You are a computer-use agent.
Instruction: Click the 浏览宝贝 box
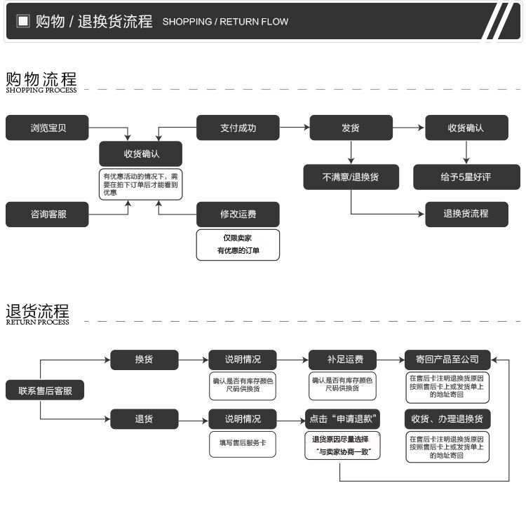pyautogui.click(x=47, y=128)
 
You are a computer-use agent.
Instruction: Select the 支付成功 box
pyautogui.click(x=238, y=128)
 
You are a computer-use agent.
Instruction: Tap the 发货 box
pyautogui.click(x=351, y=128)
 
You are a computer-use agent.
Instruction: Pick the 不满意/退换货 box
pyautogui.click(x=351, y=177)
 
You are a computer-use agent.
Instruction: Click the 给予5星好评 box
pyautogui.click(x=466, y=177)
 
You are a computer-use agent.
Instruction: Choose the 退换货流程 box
pyautogui.click(x=466, y=214)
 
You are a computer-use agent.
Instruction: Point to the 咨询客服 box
pyautogui.click(x=47, y=214)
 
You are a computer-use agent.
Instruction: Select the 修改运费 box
pyautogui.click(x=238, y=214)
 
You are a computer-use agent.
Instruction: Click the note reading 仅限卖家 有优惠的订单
pyautogui.click(x=238, y=245)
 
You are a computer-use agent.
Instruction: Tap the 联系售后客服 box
pyautogui.click(x=45, y=390)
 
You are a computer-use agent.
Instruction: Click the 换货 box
pyautogui.click(x=144, y=360)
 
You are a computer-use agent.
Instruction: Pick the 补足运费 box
pyautogui.click(x=342, y=360)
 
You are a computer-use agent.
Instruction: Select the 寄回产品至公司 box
pyautogui.click(x=447, y=360)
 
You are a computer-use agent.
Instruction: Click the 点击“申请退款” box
pyautogui.click(x=342, y=419)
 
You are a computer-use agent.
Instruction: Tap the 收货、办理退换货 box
pyautogui.click(x=447, y=419)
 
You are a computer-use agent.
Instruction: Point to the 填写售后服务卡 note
pyautogui.click(x=243, y=444)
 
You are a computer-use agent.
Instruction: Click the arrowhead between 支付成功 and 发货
pyautogui.click(x=306, y=128)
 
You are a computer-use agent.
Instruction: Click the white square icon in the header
pyautogui.click(x=23, y=21)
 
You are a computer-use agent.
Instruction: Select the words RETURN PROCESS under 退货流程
pyautogui.click(x=38, y=322)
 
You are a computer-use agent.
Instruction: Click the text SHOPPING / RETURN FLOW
pyautogui.click(x=225, y=22)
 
